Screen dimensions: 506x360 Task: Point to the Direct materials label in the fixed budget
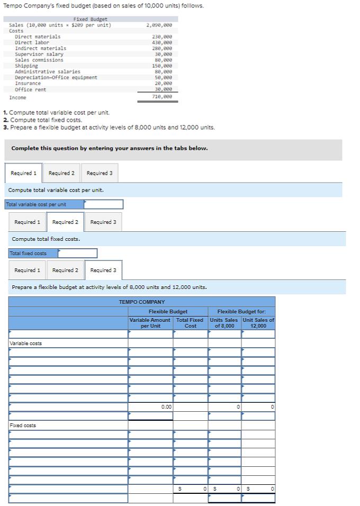click(38, 37)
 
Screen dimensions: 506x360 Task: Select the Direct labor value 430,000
click(162, 42)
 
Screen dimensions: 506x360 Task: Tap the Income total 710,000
click(162, 97)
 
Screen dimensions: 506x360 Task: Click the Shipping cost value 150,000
click(162, 66)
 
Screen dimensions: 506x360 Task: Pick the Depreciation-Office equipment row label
click(56, 78)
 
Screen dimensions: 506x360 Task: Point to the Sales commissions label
click(39, 60)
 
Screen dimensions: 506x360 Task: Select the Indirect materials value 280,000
click(162, 48)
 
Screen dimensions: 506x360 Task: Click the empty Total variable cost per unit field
click(103, 204)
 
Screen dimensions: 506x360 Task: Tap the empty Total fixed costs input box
click(77, 254)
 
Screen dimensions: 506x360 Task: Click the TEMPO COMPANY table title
click(142, 302)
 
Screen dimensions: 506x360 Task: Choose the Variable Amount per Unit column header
click(150, 323)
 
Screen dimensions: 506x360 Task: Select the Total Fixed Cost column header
click(190, 323)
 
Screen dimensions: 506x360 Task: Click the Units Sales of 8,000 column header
click(224, 323)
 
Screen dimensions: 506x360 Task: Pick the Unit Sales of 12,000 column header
click(258, 323)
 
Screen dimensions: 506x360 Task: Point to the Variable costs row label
click(26, 344)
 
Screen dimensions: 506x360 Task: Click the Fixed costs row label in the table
click(23, 426)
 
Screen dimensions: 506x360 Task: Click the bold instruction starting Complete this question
click(110, 148)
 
